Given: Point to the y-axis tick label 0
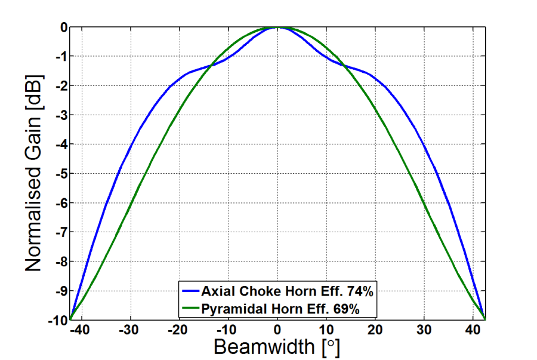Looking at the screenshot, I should [63, 27].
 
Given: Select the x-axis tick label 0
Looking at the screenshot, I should [277, 329].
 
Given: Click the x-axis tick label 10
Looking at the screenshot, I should [326, 329].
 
